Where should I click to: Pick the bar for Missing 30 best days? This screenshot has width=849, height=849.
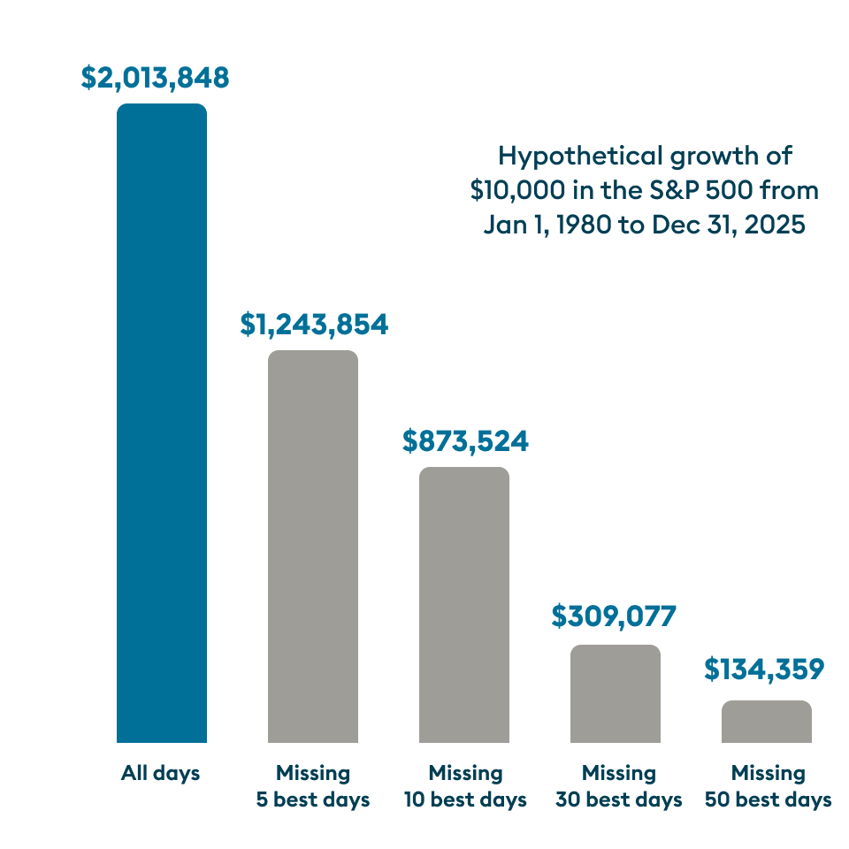point(616,693)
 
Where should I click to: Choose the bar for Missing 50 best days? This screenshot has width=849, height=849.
point(766,722)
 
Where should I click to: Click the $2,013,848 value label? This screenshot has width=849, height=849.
point(156,78)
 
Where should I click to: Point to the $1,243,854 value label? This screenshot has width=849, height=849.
point(314,325)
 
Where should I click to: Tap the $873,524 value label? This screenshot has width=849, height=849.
point(465,440)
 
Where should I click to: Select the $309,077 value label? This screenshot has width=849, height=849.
point(614,617)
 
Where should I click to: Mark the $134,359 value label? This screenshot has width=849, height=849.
point(764,669)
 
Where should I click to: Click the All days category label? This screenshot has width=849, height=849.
point(161,774)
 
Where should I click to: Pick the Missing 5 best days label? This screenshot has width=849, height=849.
point(313,786)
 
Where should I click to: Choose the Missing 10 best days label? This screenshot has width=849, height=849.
point(465,786)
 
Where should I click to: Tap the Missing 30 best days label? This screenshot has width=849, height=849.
point(618,786)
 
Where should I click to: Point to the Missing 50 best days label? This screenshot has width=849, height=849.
point(768,786)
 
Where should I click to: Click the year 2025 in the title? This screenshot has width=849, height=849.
point(774,225)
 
